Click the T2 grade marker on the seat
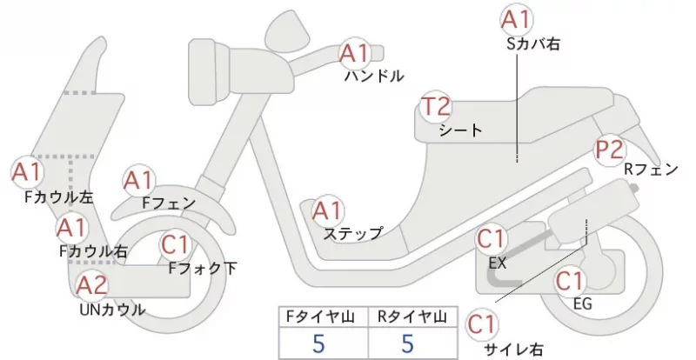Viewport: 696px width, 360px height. coord(436,106)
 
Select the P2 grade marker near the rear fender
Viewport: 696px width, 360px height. coord(611,150)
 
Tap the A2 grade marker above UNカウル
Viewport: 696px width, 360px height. coord(92,285)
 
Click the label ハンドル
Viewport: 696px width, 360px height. coord(374,77)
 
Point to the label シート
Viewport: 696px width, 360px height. coord(460,130)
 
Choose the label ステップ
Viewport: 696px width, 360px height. coord(353,234)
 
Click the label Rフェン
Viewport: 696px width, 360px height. coord(651,169)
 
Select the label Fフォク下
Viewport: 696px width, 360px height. coord(203,268)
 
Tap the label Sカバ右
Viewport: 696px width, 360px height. coord(533,44)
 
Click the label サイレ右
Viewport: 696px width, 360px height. coord(513,350)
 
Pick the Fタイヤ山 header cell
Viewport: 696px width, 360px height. coord(324,317)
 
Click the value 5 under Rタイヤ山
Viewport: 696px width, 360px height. coord(407,343)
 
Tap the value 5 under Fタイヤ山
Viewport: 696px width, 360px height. coord(318,343)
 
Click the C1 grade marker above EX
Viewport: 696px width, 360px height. coord(492,239)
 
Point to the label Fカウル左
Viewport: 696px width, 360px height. coord(59,197)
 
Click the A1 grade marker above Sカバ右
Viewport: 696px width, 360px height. coord(517,19)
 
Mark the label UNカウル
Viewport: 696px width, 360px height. coord(112,310)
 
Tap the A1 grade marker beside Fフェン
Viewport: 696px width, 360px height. coord(138,181)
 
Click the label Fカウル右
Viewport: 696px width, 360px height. coord(93,251)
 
